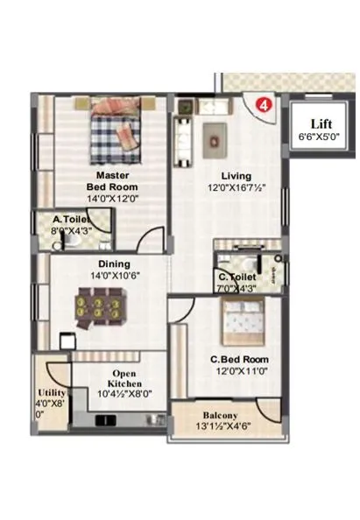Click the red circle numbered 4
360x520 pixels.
(x=260, y=106)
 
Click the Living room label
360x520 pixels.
(x=236, y=175)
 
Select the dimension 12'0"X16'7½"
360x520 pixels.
(x=236, y=188)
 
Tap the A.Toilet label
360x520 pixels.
(x=70, y=220)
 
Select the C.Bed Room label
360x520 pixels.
(x=239, y=359)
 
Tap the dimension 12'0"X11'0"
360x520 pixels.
(x=238, y=371)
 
